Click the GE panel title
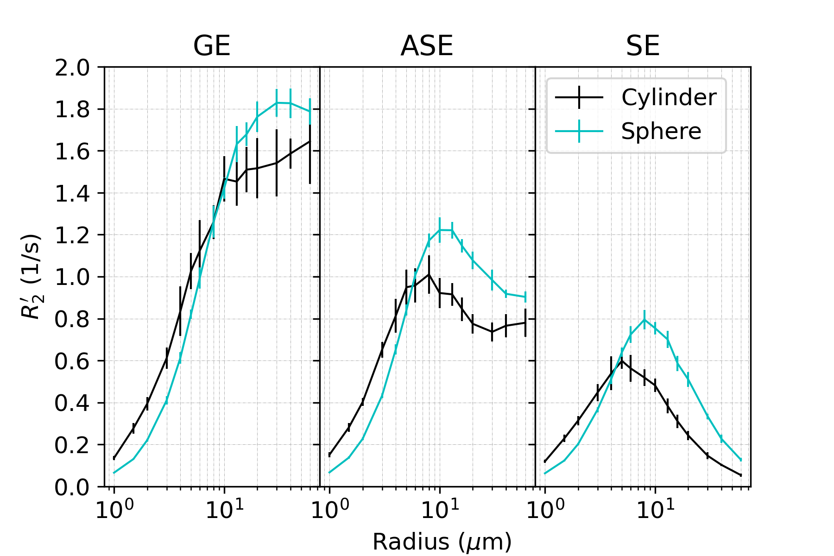212,46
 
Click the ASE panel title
427,46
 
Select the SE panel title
643,46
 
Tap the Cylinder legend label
669,97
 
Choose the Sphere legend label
661,131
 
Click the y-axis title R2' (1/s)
32,277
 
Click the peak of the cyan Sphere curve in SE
644,319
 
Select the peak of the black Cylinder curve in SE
622,360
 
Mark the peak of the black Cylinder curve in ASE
430,274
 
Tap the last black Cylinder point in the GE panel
310,141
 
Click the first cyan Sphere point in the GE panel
114,473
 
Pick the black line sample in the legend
579,97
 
